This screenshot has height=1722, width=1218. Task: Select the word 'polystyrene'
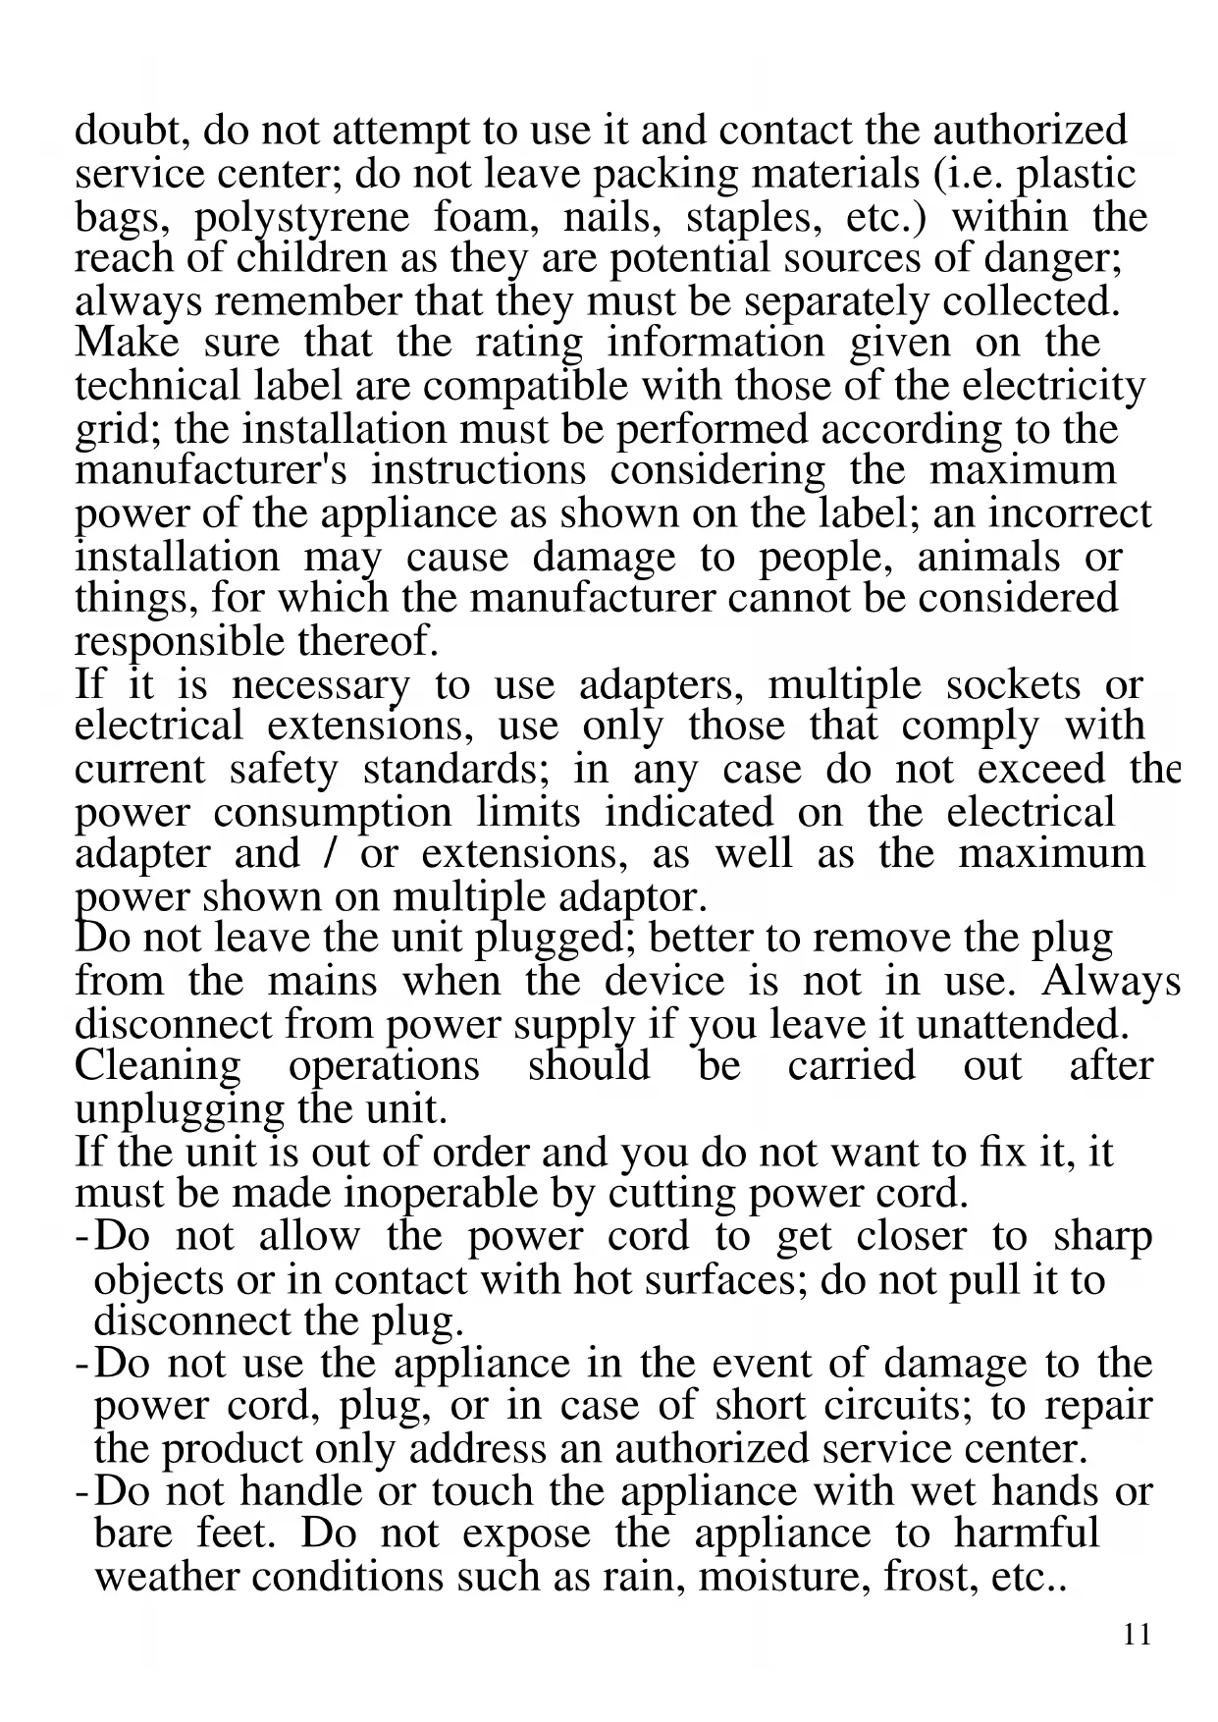coord(301,218)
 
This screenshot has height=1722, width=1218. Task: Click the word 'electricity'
coord(1053,386)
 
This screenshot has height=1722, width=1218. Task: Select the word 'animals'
coord(989,558)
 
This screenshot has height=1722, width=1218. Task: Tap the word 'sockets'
coord(1013,685)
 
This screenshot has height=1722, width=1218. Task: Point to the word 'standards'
coord(455,770)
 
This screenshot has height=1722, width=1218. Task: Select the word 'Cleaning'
coord(157,1066)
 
